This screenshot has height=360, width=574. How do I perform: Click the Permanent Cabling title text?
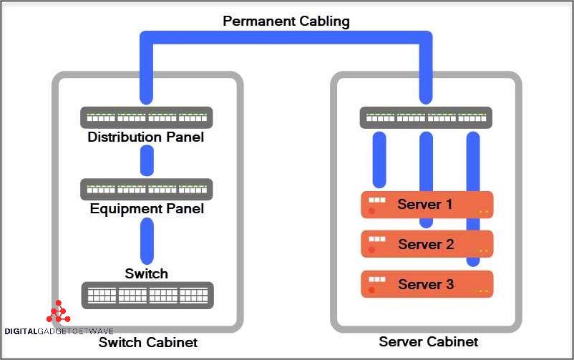click(286, 21)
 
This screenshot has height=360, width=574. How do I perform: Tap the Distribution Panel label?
click(146, 137)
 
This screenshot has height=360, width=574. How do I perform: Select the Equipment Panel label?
click(147, 209)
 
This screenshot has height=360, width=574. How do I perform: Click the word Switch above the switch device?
click(146, 273)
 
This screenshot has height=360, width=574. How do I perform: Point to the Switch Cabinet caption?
click(147, 342)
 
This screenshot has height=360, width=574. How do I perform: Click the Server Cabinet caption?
click(428, 341)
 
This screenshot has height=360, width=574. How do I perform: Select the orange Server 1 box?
click(427, 205)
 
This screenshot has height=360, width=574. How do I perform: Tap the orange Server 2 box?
click(427, 244)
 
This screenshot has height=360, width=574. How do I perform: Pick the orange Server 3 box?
click(427, 284)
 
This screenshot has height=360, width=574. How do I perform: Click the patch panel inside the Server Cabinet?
click(425, 117)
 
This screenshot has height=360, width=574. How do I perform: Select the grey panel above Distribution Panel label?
click(147, 117)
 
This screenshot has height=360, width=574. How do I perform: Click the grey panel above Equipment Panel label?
click(147, 190)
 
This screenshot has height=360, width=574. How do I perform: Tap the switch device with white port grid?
click(147, 295)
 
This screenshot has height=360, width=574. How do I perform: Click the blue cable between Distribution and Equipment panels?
click(147, 161)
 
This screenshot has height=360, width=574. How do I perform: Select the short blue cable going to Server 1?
click(379, 159)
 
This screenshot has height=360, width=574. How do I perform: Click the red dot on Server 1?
click(372, 211)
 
